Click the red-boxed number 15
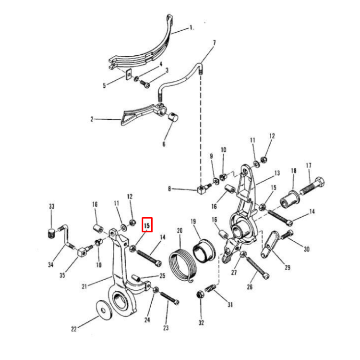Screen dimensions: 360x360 (x=147, y=224)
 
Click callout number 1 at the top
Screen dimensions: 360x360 (x=191, y=28)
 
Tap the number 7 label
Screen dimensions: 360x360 (x=214, y=43)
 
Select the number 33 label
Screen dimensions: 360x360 (x=51, y=207)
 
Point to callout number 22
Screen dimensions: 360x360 (x=73, y=329)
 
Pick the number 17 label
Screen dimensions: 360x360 (x=309, y=166)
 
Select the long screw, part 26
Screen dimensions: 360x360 (x=259, y=268)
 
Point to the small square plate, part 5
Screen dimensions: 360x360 (x=128, y=74)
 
